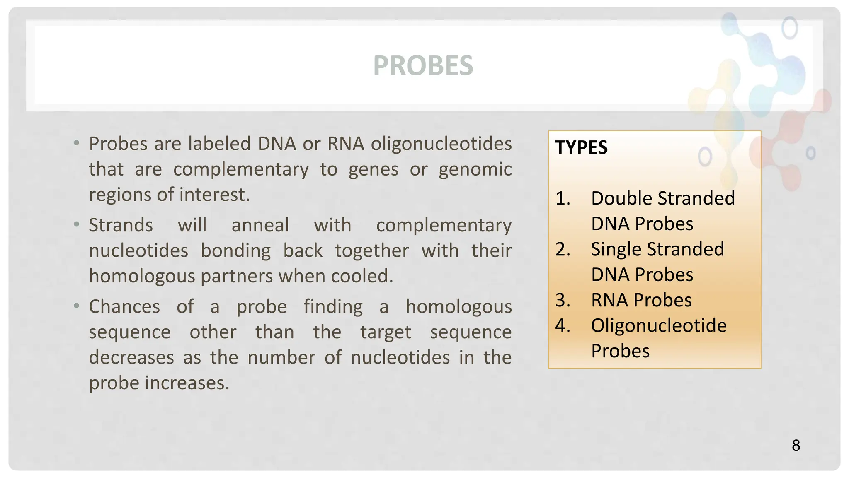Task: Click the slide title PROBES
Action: click(x=423, y=65)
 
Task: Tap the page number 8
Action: click(x=796, y=446)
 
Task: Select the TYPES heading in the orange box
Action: click(x=581, y=148)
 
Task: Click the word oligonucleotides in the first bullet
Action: click(x=441, y=144)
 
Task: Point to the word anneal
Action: click(x=260, y=226)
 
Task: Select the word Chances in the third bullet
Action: click(x=124, y=307)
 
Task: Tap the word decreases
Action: click(x=131, y=358)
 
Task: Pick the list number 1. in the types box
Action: click(x=563, y=198)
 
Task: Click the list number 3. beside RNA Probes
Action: click(x=563, y=300)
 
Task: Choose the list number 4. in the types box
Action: click(x=563, y=326)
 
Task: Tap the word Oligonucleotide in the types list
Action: click(x=659, y=326)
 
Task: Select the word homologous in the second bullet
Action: click(x=142, y=276)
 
